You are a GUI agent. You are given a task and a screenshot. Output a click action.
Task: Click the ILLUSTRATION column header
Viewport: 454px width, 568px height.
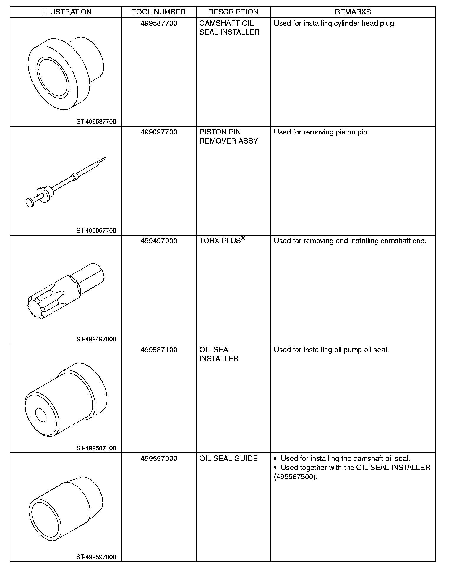pos(66,12)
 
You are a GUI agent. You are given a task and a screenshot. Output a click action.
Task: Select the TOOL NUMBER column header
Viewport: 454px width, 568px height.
pos(159,12)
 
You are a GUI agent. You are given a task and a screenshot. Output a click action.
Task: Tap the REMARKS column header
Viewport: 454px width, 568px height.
pos(353,12)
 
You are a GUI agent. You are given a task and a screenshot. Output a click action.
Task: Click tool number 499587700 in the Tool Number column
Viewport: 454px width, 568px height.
pos(159,23)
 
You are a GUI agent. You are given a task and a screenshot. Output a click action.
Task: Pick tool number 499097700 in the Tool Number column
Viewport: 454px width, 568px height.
pos(159,132)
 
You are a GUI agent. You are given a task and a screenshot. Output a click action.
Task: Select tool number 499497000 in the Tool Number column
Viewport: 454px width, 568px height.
pos(159,241)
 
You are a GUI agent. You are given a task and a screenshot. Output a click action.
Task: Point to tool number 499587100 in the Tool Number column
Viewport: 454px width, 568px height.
pos(159,350)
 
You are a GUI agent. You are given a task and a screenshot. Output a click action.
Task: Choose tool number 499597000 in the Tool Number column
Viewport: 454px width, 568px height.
pos(159,458)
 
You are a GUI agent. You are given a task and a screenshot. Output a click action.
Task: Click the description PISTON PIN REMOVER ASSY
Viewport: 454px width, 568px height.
pos(228,137)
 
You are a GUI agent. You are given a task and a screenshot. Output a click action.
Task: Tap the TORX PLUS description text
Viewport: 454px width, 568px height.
pos(220,241)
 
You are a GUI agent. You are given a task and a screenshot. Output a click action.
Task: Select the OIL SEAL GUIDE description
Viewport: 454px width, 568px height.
pos(228,458)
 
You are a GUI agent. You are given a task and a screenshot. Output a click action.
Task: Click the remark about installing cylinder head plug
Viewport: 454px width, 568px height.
pos(335,23)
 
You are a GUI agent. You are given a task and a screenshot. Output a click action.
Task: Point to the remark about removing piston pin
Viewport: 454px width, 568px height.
pos(321,132)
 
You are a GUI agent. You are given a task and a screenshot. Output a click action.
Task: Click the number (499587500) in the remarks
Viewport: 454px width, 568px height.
pos(296,477)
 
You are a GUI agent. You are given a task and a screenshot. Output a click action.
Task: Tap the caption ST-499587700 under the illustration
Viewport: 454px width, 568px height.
pos(96,121)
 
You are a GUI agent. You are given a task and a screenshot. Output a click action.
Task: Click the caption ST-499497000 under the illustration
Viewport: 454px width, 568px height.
pos(96,339)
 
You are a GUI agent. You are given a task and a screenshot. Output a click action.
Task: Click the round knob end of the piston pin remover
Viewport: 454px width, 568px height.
pos(30,202)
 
